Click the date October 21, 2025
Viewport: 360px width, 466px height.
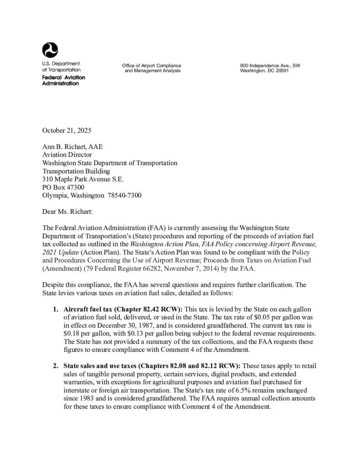click(x=67, y=130)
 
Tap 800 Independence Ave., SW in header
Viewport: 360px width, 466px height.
click(x=270, y=66)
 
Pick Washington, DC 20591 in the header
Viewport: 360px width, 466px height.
click(x=264, y=71)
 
